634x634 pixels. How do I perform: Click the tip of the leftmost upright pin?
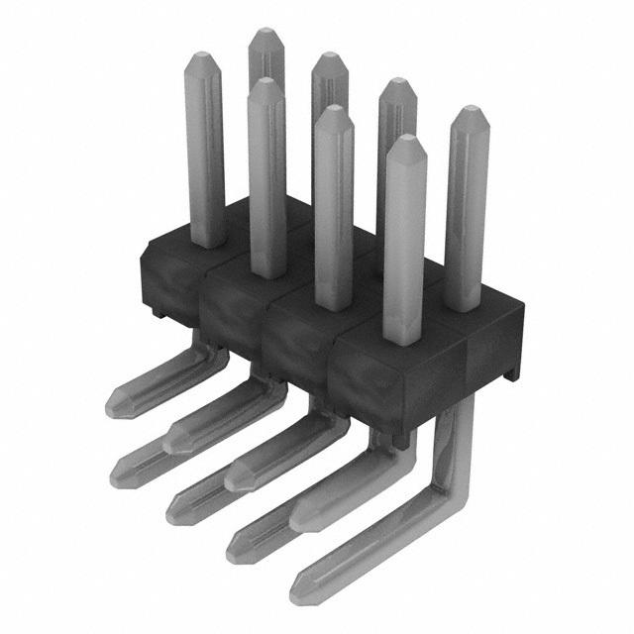click(x=204, y=59)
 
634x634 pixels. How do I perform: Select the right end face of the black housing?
click(x=494, y=352)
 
